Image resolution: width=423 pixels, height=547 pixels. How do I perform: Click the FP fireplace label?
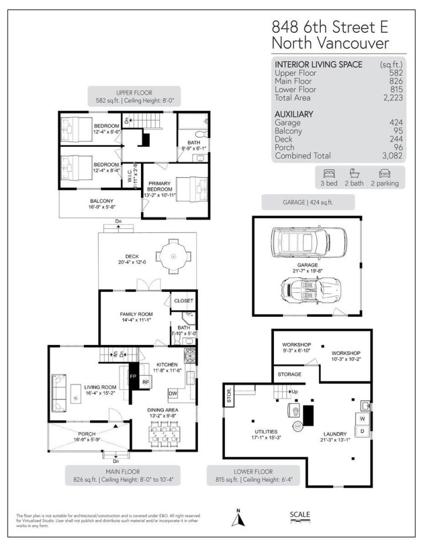132,376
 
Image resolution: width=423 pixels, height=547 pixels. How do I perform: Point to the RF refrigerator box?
146,381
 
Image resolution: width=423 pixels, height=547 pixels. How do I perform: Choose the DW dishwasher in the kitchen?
173,393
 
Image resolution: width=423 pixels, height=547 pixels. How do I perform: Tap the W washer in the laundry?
362,418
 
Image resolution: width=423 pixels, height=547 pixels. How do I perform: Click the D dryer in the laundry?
362,431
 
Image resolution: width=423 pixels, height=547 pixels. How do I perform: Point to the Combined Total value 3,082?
388,156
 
